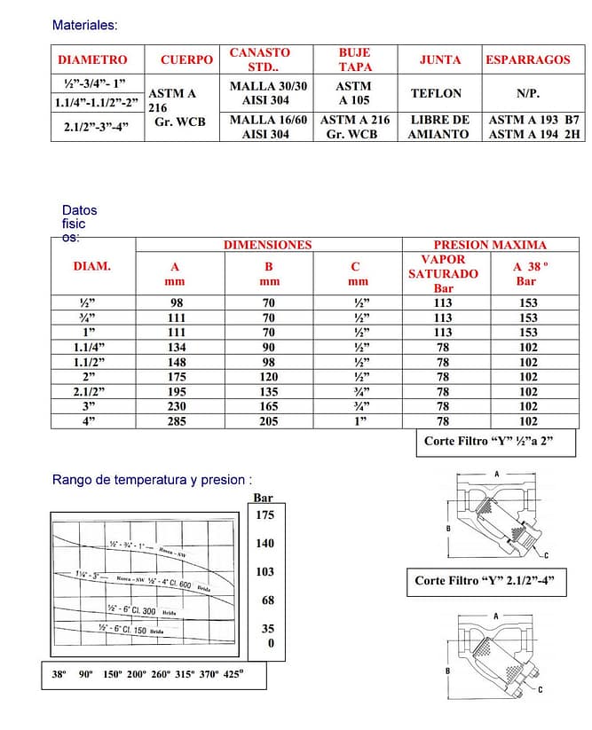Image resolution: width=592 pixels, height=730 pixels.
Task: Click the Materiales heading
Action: pyautogui.click(x=84, y=25)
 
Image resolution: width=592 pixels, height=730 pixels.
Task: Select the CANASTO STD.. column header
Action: pyautogui.click(x=259, y=59)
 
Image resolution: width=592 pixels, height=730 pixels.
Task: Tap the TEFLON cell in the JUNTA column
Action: pyautogui.click(x=437, y=93)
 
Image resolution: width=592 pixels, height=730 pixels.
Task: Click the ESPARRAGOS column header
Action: pyautogui.click(x=528, y=59)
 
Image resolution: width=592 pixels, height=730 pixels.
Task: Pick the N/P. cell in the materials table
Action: pyautogui.click(x=528, y=93)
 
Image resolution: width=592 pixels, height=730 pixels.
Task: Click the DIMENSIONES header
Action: pyautogui.click(x=267, y=245)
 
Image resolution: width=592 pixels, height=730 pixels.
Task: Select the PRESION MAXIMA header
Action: pyautogui.click(x=490, y=245)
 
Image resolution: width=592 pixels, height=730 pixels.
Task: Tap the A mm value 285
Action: pyautogui.click(x=178, y=421)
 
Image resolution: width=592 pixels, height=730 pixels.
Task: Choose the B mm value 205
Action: pyautogui.click(x=269, y=421)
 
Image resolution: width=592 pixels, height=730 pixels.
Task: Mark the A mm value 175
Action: pyautogui.click(x=178, y=376)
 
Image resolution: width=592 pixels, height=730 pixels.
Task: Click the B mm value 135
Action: pyautogui.click(x=269, y=391)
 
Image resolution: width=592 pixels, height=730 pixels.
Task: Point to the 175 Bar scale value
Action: pyautogui.click(x=264, y=514)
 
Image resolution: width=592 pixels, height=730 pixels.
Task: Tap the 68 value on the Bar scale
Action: pyautogui.click(x=268, y=600)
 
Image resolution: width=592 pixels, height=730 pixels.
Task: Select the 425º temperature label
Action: pyautogui.click(x=233, y=674)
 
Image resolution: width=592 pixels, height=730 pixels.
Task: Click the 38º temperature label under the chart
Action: pyautogui.click(x=59, y=674)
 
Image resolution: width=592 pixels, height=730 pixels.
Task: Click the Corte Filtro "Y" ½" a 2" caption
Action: pyautogui.click(x=488, y=441)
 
